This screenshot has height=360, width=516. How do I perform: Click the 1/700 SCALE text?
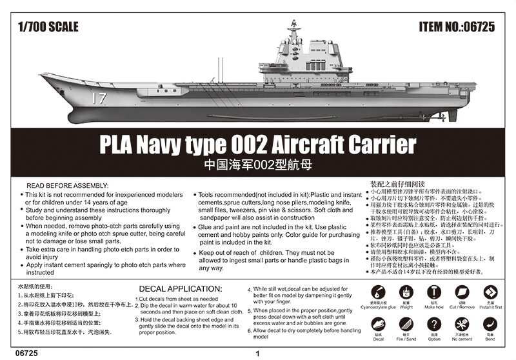tap(49, 27)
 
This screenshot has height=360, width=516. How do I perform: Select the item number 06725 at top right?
tap(459, 27)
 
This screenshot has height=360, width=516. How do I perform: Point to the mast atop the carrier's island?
tap(294, 29)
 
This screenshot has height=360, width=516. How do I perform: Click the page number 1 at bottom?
tap(257, 353)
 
